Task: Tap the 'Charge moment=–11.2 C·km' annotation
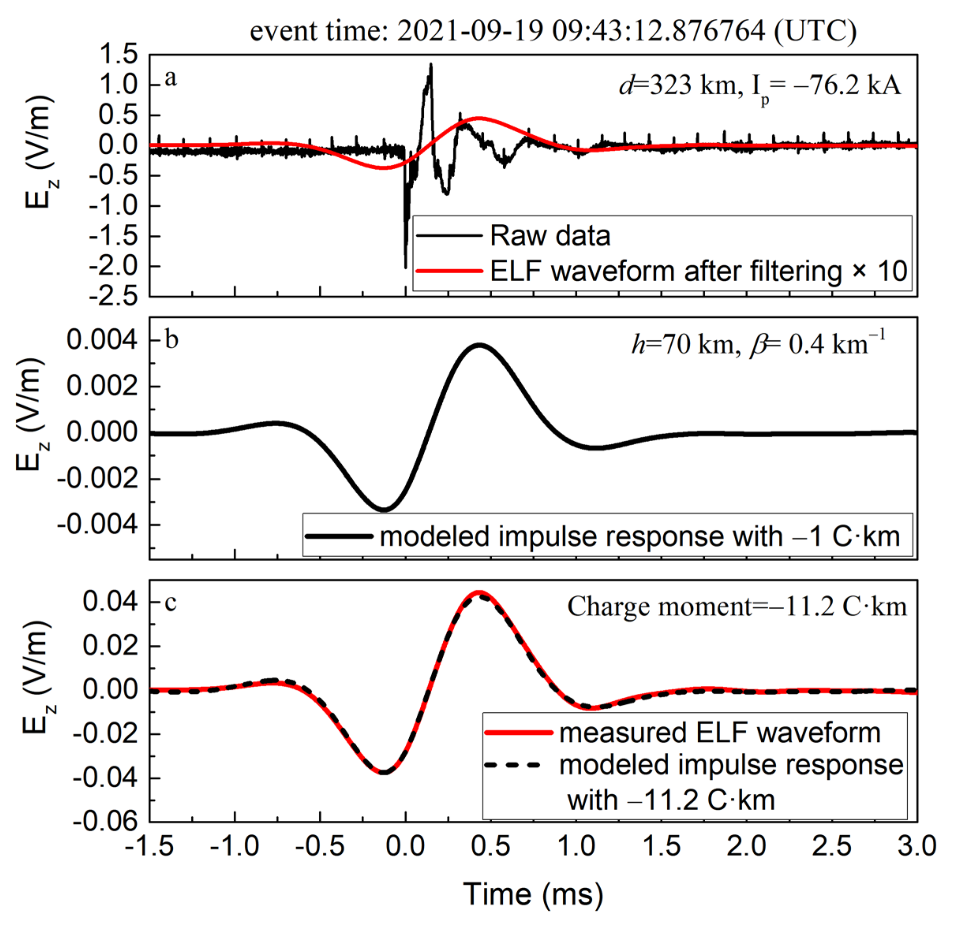pyautogui.click(x=736, y=607)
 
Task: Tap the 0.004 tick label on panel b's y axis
pyautogui.click(x=102, y=340)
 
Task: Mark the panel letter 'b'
pyautogui.click(x=172, y=339)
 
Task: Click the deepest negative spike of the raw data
pyautogui.click(x=405, y=267)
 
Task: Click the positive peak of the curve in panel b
pyautogui.click(x=479, y=345)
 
